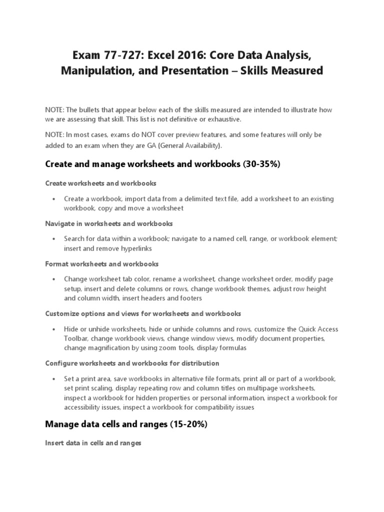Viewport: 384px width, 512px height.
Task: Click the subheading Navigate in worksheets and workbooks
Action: [109, 223]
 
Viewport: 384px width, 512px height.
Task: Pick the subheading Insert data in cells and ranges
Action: [93, 443]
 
